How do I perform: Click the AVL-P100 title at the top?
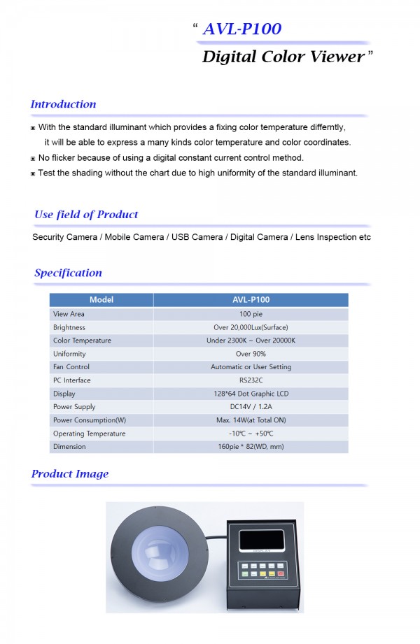click(x=241, y=29)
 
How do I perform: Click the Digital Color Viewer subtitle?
click(x=283, y=57)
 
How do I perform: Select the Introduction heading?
click(x=63, y=104)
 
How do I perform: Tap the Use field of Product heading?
click(x=86, y=215)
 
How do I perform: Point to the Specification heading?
click(x=68, y=273)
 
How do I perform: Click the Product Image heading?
click(x=70, y=474)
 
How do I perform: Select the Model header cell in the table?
click(x=101, y=300)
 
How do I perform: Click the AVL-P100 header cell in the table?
click(x=251, y=300)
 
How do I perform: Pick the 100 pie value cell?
click(x=251, y=314)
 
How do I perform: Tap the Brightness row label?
click(x=69, y=327)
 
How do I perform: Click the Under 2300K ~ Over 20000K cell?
click(x=251, y=341)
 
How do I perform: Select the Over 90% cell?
click(x=251, y=354)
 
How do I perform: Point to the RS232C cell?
click(x=251, y=380)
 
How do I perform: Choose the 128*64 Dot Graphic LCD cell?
click(x=251, y=394)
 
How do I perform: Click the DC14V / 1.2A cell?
click(x=251, y=407)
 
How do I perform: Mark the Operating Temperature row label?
click(x=89, y=434)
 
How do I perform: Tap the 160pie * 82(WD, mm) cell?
click(x=251, y=447)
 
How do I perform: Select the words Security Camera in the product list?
click(x=65, y=237)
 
